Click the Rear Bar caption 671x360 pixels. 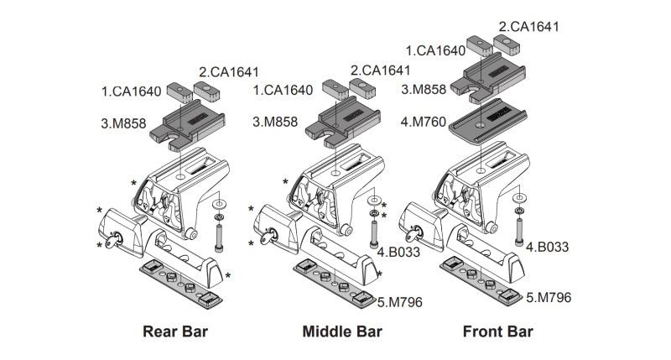pyautogui.click(x=176, y=331)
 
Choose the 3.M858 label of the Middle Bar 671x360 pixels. pyautogui.click(x=275, y=123)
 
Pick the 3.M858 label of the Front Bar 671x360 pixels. pyautogui.click(x=424, y=87)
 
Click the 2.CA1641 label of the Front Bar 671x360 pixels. pyautogui.click(x=528, y=27)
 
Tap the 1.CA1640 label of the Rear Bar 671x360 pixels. pyautogui.click(x=132, y=88)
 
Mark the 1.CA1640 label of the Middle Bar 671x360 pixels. pyautogui.click(x=283, y=88)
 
